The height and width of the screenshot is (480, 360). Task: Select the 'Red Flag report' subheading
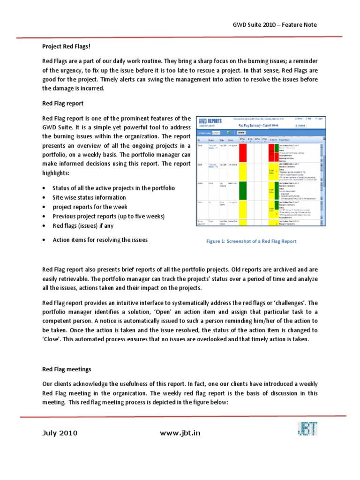click(x=63, y=103)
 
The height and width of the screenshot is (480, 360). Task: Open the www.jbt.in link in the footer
click(x=180, y=433)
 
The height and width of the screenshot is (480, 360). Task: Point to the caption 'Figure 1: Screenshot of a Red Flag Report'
click(x=252, y=241)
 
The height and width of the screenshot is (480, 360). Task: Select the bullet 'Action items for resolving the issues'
click(x=100, y=240)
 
